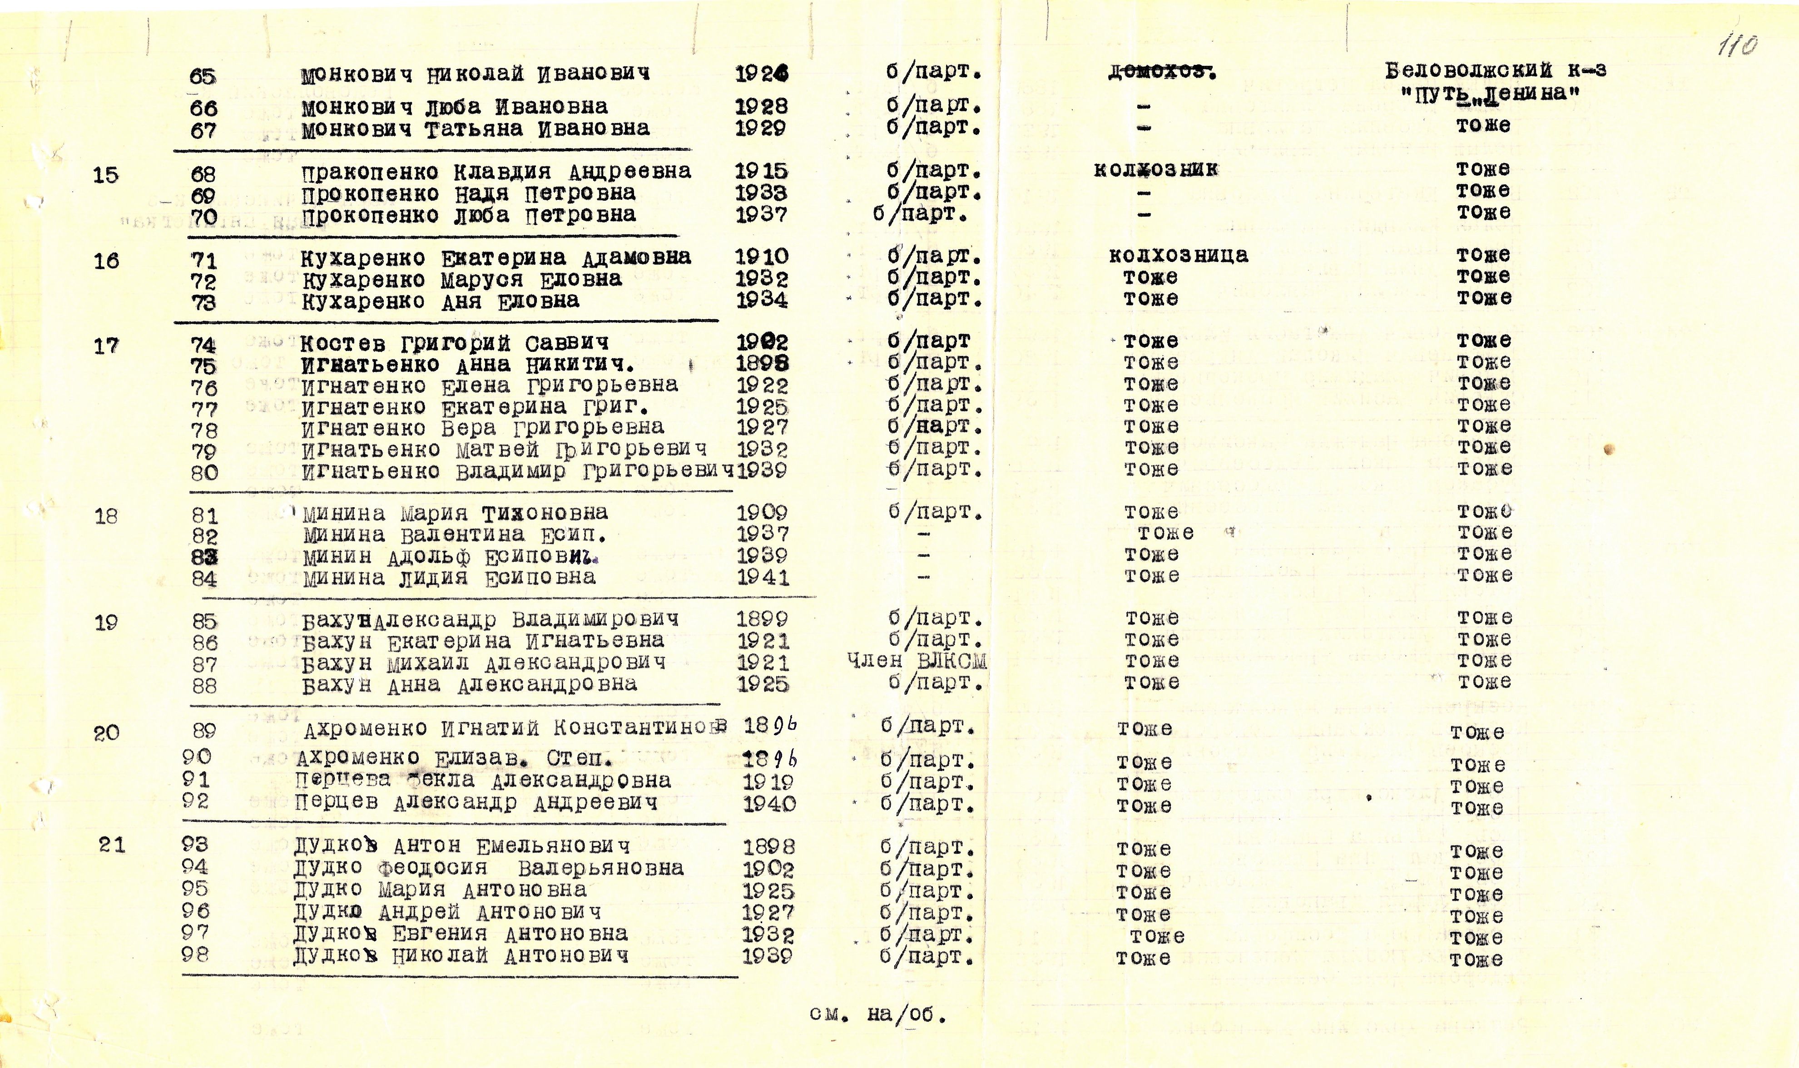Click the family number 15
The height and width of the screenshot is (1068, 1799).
[106, 175]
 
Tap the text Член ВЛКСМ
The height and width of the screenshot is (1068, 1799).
[917, 661]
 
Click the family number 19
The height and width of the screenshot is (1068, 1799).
[106, 623]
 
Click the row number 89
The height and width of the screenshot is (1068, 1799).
[204, 731]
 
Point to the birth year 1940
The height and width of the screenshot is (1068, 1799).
[769, 803]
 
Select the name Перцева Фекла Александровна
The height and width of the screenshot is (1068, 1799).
[482, 780]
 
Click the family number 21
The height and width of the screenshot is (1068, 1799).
[112, 844]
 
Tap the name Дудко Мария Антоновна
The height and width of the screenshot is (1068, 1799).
[440, 890]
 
